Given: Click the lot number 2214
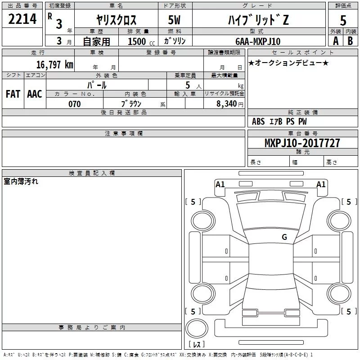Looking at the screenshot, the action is coord(22,19).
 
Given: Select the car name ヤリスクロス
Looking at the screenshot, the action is coord(117,20).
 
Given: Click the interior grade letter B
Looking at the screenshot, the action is coord(350,41).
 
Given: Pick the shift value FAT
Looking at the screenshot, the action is coord(13,94).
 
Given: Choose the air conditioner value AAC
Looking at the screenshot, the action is coord(35,94).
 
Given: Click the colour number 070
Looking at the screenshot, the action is coord(74,104).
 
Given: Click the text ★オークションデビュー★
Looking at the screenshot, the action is coord(288,63).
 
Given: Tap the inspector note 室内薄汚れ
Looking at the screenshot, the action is coord(21,182).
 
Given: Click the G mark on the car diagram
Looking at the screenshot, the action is coord(284,237).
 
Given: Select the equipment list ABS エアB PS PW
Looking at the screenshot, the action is coord(279,121).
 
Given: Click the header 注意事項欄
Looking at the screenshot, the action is coord(124,134).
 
